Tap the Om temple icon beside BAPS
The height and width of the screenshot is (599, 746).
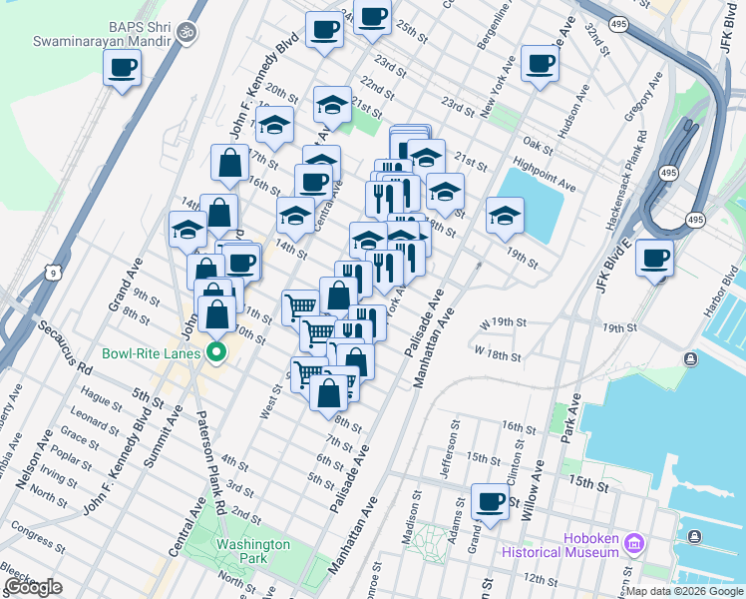click(184, 34)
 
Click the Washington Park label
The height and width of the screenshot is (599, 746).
click(253, 551)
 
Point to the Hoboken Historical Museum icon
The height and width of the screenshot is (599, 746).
click(635, 544)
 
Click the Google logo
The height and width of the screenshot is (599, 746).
click(33, 588)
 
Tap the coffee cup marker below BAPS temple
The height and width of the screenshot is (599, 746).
click(122, 68)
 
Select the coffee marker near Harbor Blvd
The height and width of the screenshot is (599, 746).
click(655, 259)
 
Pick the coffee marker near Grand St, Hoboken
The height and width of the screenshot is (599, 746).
click(490, 501)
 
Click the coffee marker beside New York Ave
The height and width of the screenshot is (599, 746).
click(540, 63)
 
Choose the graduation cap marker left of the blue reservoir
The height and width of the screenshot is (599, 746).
click(505, 215)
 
